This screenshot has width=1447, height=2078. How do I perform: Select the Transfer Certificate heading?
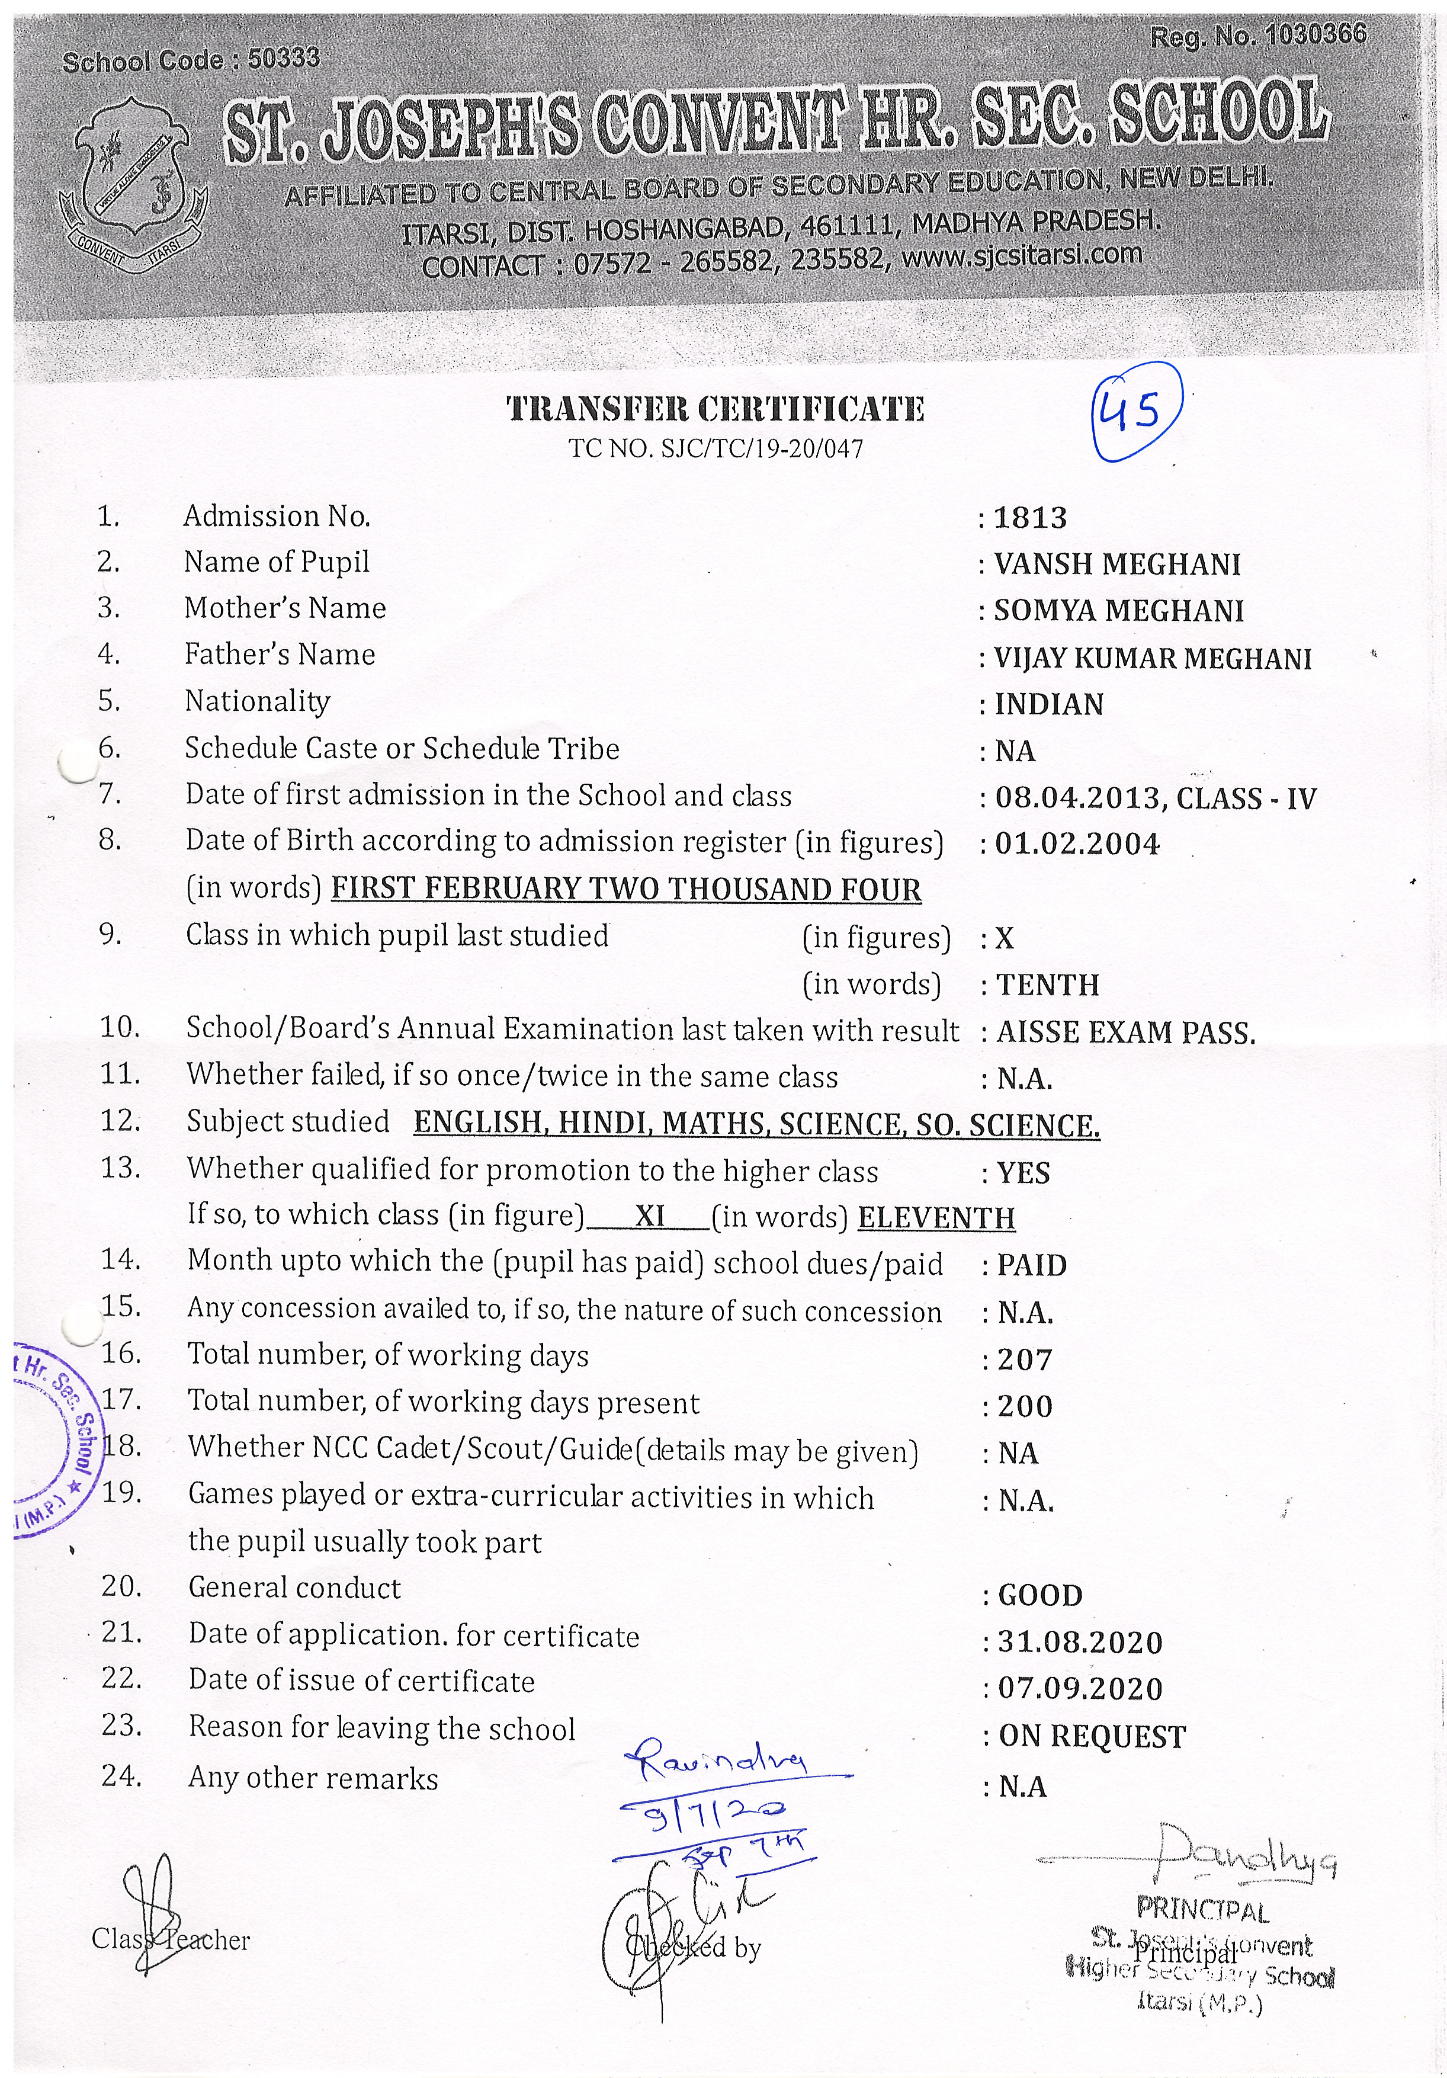[715, 409]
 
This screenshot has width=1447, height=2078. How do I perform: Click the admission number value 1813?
[1031, 518]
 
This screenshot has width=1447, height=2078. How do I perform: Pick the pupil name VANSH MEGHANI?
[1118, 565]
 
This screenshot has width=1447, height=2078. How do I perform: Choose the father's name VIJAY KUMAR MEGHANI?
[1153, 659]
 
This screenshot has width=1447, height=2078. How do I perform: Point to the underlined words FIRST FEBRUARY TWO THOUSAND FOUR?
[626, 890]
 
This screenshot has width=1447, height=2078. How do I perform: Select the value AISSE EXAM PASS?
[1126, 1032]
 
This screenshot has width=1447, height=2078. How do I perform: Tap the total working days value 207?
[1025, 1359]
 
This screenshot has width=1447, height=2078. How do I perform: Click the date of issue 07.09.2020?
[1080, 1689]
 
